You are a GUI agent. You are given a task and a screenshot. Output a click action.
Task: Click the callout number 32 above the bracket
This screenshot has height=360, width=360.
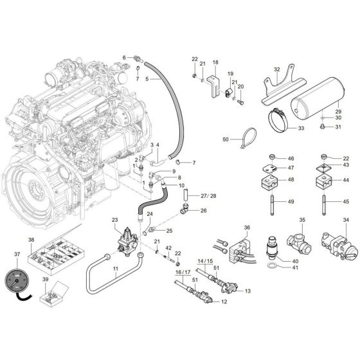[277, 69]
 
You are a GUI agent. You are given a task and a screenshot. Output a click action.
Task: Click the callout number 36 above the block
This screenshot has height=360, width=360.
[247, 228]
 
